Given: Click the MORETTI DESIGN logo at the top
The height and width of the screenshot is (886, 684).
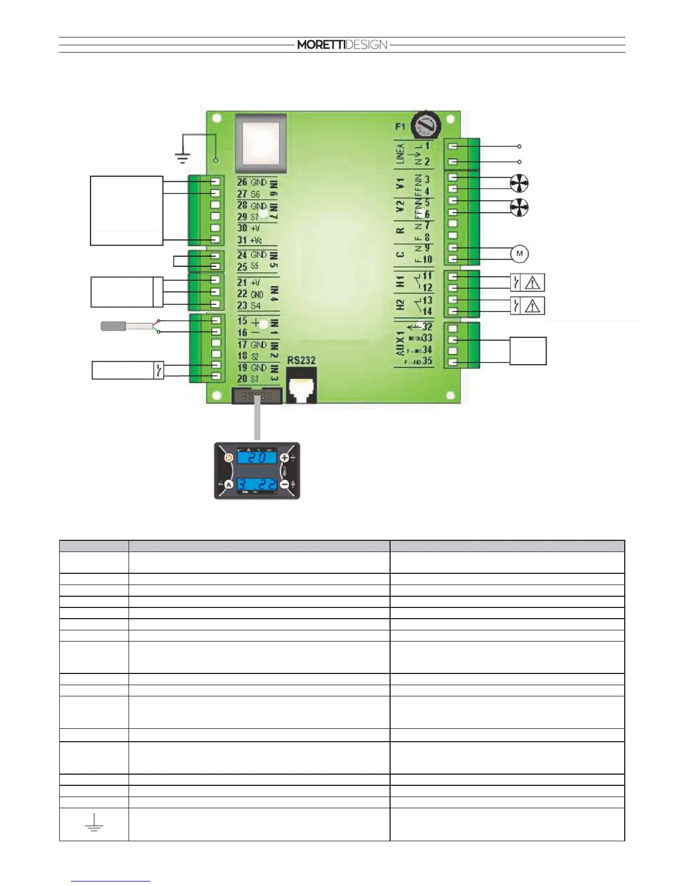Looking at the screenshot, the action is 342,45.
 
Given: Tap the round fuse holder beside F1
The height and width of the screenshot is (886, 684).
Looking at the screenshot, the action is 426,125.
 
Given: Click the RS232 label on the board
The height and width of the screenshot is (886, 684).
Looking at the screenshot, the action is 302,361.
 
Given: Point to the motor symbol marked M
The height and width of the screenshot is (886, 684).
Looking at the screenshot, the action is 519,254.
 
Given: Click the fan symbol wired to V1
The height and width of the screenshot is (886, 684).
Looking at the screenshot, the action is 519,183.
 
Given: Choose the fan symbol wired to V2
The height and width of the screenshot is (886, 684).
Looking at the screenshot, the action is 519,207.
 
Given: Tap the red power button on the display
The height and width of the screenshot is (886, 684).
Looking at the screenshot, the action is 229,458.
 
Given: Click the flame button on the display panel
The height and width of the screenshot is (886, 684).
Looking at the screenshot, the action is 229,484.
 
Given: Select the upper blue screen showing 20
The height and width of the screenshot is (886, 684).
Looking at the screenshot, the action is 257,458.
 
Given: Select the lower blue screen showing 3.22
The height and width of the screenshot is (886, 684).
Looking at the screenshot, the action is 257,484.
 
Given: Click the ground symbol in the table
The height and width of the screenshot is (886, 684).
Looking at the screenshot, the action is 94,823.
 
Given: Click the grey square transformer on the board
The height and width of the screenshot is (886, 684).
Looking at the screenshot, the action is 260,143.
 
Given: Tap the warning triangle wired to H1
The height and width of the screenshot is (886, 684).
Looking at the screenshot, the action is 533,283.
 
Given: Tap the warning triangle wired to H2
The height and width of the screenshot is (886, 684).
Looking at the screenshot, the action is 533,306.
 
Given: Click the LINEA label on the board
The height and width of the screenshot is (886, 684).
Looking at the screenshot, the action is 400,154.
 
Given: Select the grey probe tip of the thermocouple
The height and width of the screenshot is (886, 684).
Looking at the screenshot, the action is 112,326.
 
